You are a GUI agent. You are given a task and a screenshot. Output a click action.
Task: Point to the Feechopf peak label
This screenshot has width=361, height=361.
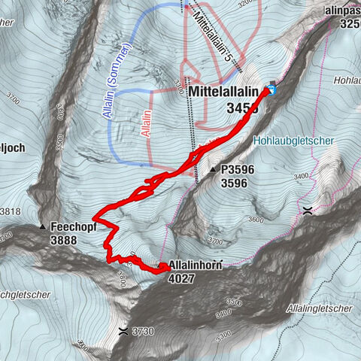click(75, 226)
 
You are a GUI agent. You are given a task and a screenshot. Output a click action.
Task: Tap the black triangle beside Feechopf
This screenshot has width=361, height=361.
click(43, 226)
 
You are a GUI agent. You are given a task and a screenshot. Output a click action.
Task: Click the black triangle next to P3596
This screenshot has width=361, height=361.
click(214, 170)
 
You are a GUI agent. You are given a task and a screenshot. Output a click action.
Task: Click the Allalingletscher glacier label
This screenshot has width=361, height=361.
click(320, 309)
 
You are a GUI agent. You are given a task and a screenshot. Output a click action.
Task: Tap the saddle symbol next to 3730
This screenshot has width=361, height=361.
click(123, 330)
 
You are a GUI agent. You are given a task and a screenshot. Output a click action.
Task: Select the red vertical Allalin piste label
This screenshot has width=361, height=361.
click(143, 121)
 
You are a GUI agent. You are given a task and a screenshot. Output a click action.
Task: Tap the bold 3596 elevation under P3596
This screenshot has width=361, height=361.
click(235, 182)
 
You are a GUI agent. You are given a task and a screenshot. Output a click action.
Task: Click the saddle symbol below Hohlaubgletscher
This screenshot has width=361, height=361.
click(307, 211)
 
